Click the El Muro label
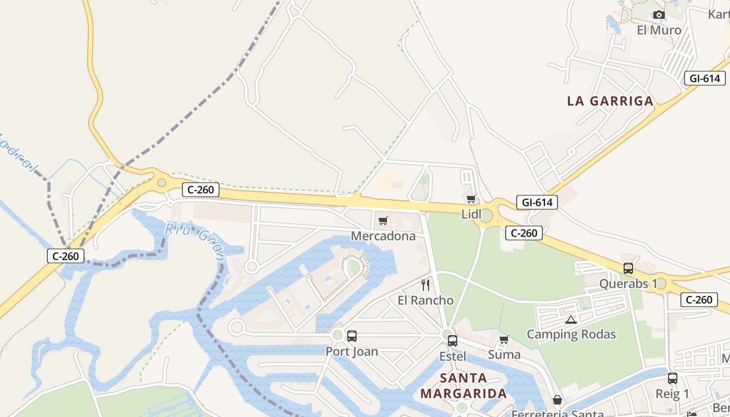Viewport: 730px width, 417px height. [659, 30]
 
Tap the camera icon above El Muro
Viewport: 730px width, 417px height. [659, 15]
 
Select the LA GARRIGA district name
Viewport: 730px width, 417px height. [610, 101]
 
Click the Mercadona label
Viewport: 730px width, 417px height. [383, 236]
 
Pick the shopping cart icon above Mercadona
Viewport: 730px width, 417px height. [383, 221]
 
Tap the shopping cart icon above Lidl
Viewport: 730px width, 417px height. [471, 199]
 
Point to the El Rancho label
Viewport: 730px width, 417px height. [425, 300]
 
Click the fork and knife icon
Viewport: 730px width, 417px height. [425, 285]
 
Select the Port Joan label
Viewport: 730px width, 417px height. [352, 351]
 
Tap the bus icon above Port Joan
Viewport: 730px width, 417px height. [352, 336]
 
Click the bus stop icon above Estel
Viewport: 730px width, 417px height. [453, 341]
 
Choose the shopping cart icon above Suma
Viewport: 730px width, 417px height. [504, 340]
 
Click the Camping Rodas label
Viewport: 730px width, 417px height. [571, 334]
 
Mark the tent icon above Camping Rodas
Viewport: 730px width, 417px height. [571, 320]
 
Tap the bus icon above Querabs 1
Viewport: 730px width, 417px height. [628, 268]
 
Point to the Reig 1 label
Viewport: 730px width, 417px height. [672, 394]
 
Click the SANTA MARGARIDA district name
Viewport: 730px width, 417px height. [464, 386]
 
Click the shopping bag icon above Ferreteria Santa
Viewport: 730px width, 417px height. [557, 400]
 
